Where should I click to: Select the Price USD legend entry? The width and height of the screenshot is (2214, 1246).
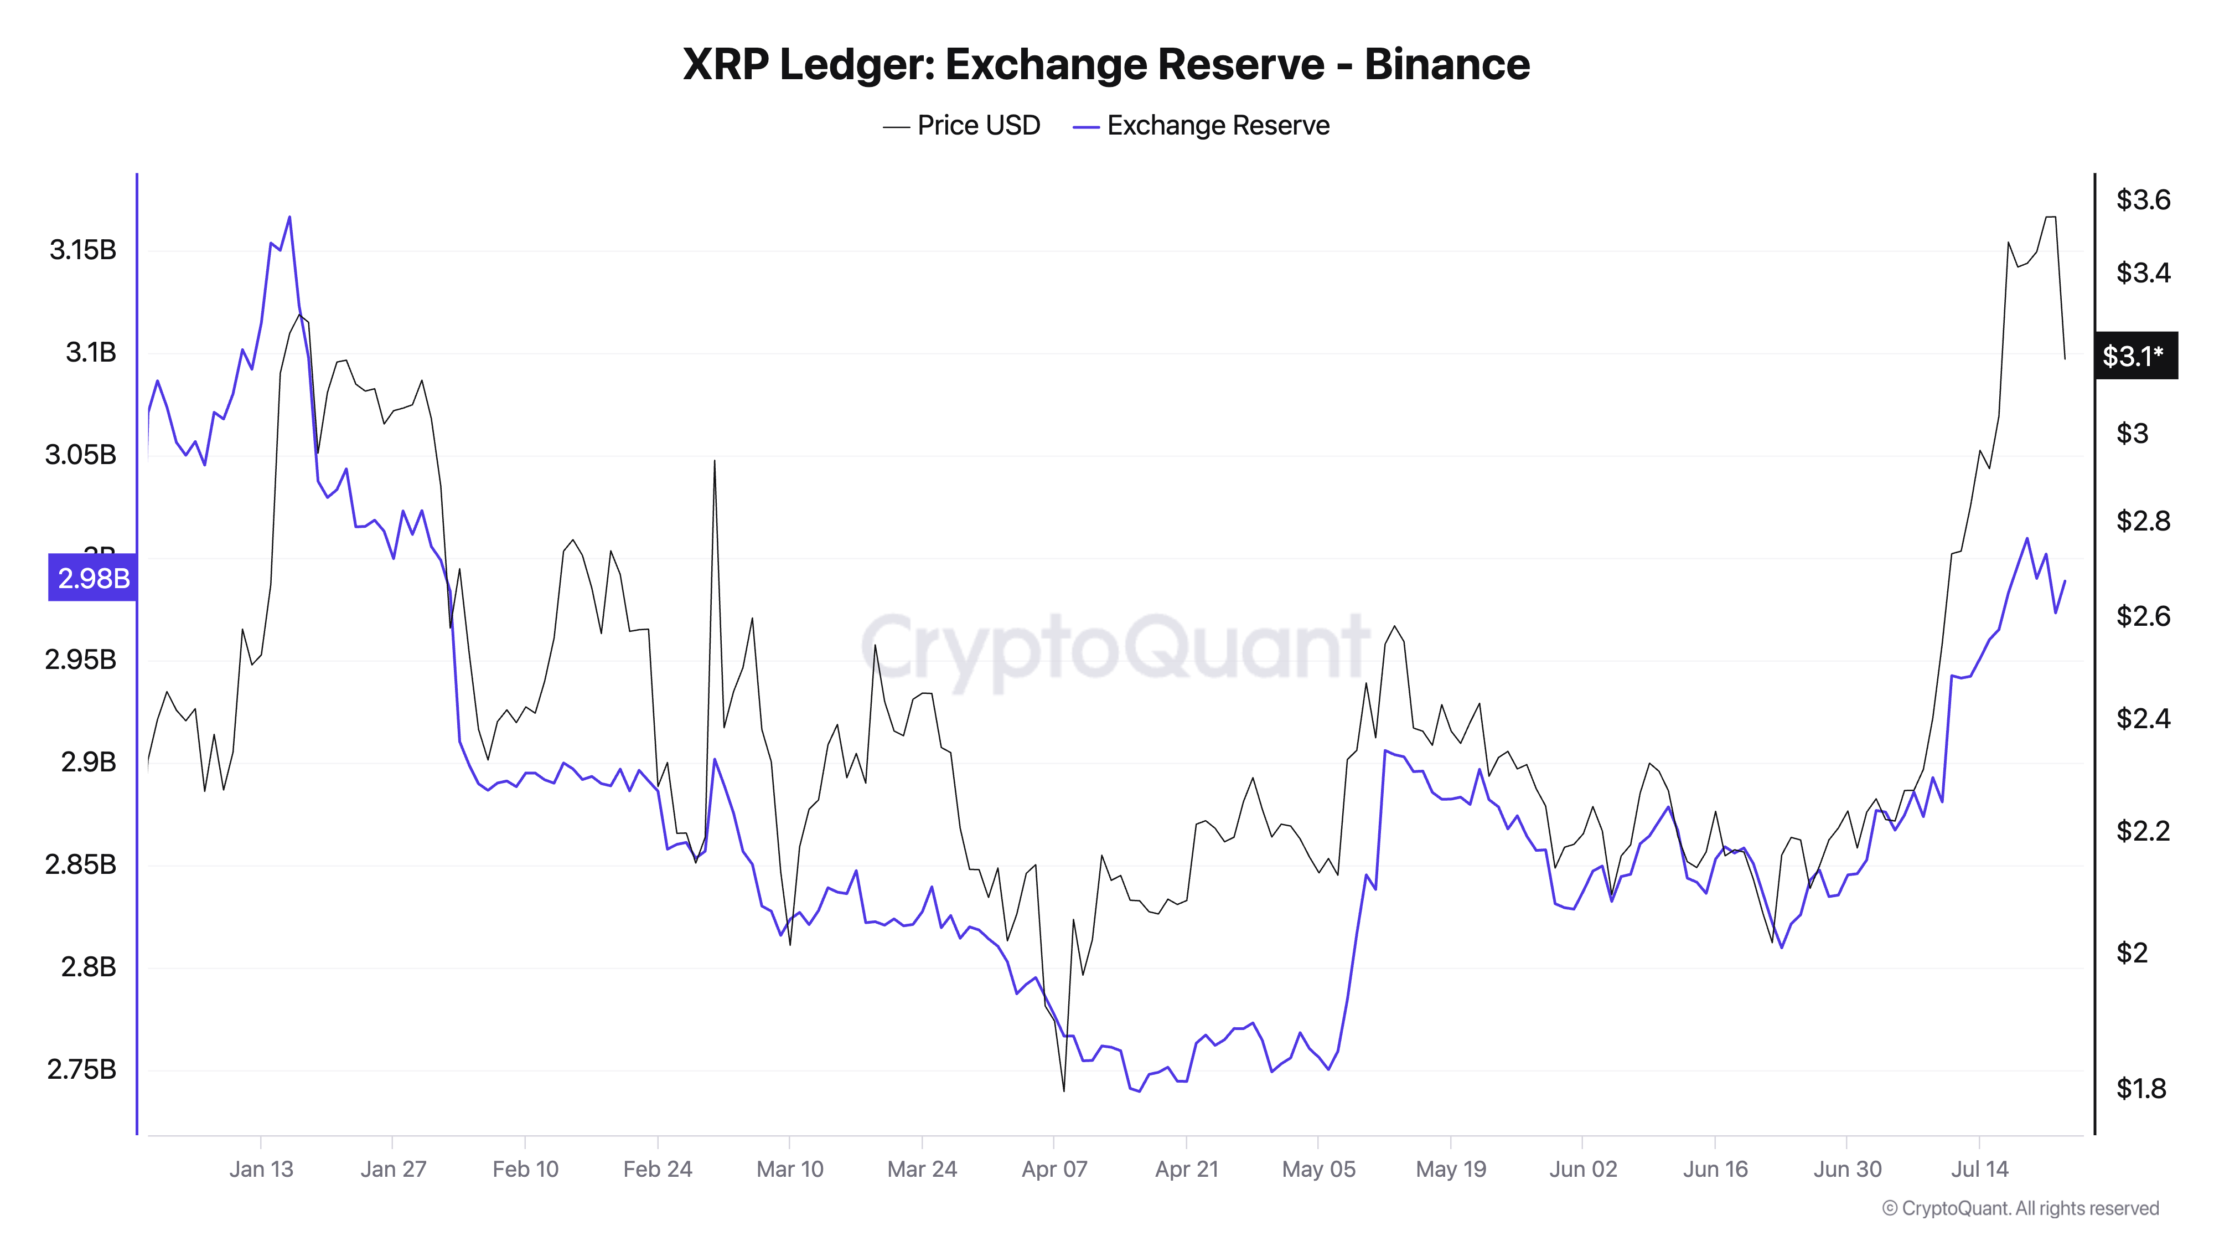coord(962,126)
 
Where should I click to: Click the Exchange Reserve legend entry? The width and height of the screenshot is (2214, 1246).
coord(1202,126)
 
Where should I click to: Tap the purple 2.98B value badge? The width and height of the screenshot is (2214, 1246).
coord(93,578)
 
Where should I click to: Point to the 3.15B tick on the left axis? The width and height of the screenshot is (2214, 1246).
coord(82,250)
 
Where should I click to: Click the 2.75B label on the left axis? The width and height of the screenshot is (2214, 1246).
coord(82,1070)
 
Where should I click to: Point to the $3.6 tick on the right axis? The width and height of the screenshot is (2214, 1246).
coord(2142,200)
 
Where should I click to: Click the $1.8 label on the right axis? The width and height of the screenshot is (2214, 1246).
coord(2140,1089)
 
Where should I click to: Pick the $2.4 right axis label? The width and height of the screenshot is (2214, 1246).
coord(2142,718)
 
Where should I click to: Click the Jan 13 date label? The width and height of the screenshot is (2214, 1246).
coord(261,1170)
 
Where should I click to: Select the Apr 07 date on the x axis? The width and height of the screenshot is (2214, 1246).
coord(1054,1170)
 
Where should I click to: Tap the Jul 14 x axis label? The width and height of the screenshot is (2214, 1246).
coord(1979,1170)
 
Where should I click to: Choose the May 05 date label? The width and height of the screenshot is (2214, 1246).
coord(1318,1170)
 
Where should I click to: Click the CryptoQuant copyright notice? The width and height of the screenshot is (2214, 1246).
coord(2020,1208)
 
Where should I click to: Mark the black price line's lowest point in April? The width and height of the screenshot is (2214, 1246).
coord(1064,1091)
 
